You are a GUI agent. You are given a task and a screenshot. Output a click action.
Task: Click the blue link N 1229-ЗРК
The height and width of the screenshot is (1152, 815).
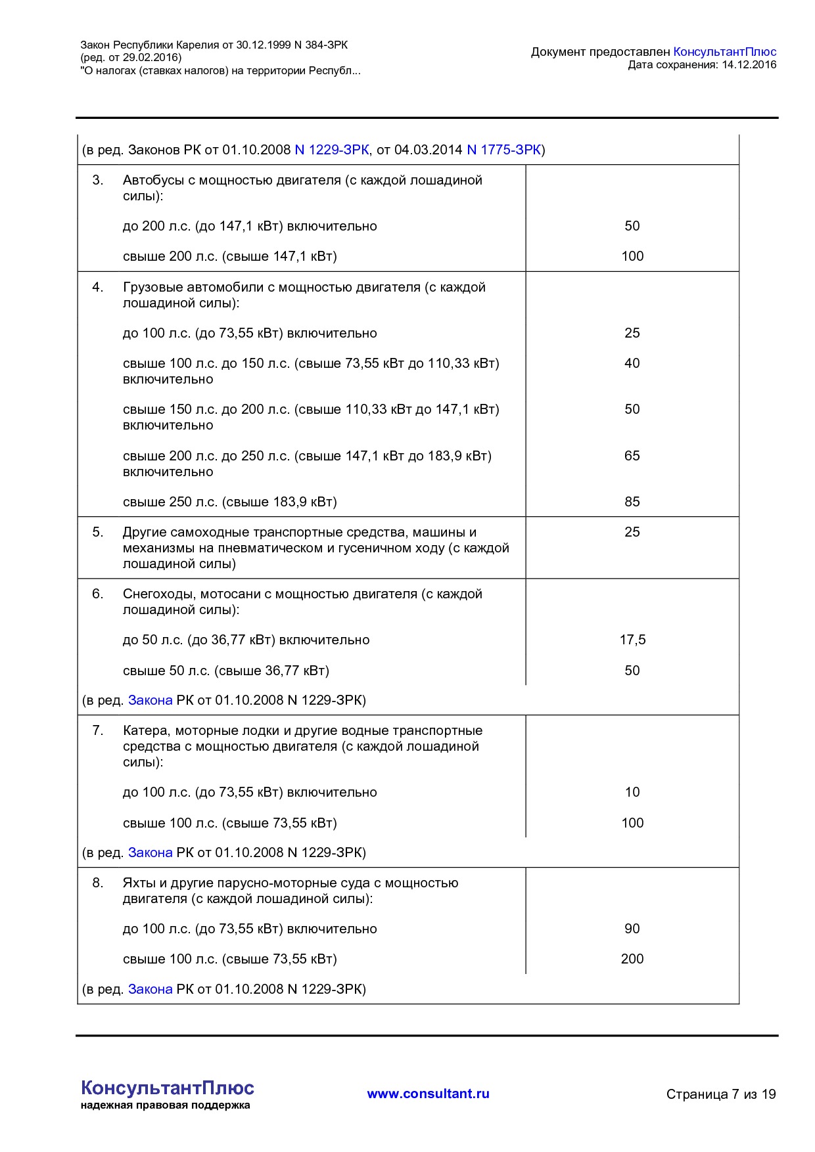pos(331,150)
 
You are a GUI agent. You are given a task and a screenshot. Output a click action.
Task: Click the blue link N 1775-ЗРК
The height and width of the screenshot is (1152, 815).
pos(503,150)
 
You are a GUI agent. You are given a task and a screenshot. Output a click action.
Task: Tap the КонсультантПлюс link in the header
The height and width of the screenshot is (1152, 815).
pos(724,52)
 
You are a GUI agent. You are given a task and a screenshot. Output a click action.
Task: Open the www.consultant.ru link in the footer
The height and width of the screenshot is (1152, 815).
pos(428,1094)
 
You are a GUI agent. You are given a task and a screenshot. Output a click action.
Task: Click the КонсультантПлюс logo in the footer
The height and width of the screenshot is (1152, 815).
pos(167,1089)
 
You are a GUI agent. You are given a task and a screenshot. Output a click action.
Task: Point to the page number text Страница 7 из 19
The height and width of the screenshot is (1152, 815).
pos(720,1094)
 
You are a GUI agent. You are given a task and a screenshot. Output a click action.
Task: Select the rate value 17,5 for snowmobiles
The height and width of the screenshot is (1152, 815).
pos(632,640)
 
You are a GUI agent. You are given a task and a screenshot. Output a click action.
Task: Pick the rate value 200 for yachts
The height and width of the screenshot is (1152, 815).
pos(632,959)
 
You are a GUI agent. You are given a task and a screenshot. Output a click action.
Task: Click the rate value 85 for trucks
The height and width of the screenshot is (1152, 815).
pos(632,502)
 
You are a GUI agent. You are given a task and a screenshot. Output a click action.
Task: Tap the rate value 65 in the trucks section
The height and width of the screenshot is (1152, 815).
pos(632,456)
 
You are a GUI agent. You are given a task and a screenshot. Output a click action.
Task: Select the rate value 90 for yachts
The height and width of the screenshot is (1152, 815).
pos(632,929)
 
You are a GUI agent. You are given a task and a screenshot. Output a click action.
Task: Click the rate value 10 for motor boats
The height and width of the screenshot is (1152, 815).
pos(632,792)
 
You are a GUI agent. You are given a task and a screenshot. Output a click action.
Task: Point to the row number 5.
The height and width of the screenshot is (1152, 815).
pos(97,532)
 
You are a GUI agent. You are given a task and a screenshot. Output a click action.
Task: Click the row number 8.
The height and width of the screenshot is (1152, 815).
pos(97,883)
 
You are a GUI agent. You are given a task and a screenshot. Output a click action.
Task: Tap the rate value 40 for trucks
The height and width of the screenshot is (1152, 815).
pos(632,363)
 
